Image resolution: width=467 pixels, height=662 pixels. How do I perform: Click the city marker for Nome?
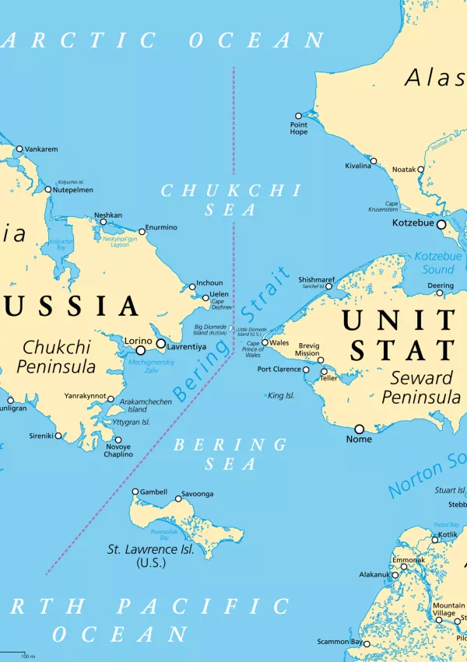(360, 429)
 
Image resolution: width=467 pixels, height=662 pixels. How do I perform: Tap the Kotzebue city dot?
(441, 224)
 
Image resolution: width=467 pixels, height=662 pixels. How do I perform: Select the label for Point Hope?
(299, 128)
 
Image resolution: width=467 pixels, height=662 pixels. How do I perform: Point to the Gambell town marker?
(135, 492)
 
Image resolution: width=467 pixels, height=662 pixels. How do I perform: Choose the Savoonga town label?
(197, 494)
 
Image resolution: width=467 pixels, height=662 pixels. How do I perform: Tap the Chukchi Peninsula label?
(59, 356)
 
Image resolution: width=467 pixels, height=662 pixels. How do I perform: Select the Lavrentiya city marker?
(161, 344)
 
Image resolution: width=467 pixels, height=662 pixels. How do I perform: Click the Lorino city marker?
(141, 350)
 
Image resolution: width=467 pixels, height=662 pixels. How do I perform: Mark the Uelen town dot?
(206, 297)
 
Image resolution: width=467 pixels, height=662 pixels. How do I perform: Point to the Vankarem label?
(41, 149)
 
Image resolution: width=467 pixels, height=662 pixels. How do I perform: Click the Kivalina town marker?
(374, 161)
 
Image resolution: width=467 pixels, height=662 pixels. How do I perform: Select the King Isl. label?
(281, 396)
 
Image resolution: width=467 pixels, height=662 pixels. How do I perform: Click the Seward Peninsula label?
(421, 387)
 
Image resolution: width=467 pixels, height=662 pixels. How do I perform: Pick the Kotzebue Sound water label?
(437, 262)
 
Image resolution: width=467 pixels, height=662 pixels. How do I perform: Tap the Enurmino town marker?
(142, 231)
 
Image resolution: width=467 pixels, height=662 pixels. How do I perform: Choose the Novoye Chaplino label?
(118, 450)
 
